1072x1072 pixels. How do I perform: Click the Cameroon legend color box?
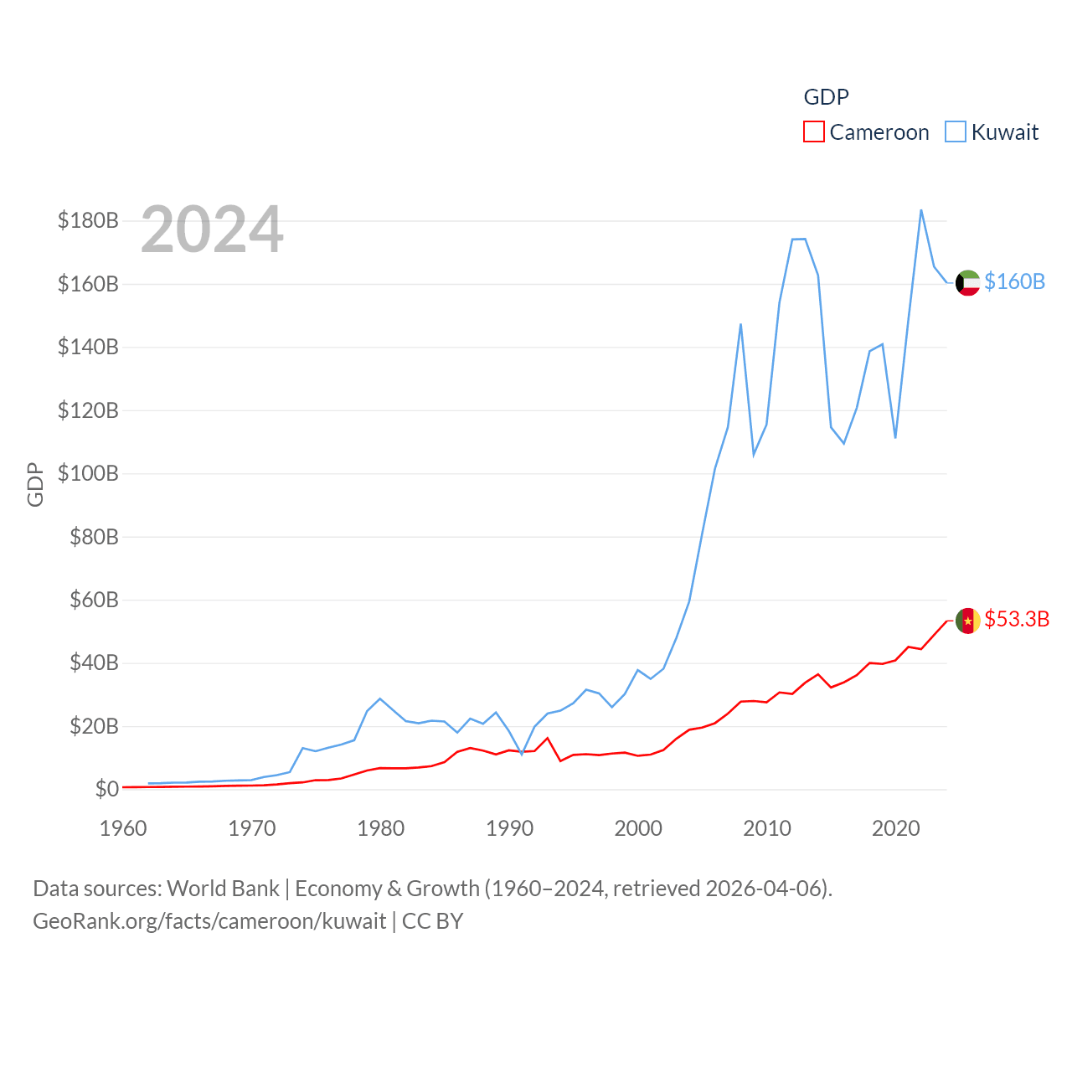814,131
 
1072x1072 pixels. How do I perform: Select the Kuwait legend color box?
956,131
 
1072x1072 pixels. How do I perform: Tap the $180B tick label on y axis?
88,220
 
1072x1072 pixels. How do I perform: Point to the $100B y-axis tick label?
88,473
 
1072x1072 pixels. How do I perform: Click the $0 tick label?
106,789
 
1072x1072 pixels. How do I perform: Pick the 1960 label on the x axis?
123,828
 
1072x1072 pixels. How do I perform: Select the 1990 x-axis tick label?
509,828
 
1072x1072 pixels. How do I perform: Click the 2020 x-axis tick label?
895,828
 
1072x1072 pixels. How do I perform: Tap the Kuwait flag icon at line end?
967,282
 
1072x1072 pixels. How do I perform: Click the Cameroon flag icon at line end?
967,621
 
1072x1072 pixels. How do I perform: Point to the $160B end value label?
1014,281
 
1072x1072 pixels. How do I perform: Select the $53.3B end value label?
1017,619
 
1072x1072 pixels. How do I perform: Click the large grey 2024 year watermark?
212,229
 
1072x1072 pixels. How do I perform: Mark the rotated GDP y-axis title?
35,484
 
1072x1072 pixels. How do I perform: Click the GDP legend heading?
826,97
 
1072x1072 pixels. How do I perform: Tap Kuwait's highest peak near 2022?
921,210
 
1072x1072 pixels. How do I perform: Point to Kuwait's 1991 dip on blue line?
522,754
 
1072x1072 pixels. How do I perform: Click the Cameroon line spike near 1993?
548,738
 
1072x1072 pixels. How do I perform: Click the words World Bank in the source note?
223,888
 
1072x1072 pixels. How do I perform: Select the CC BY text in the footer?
432,921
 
